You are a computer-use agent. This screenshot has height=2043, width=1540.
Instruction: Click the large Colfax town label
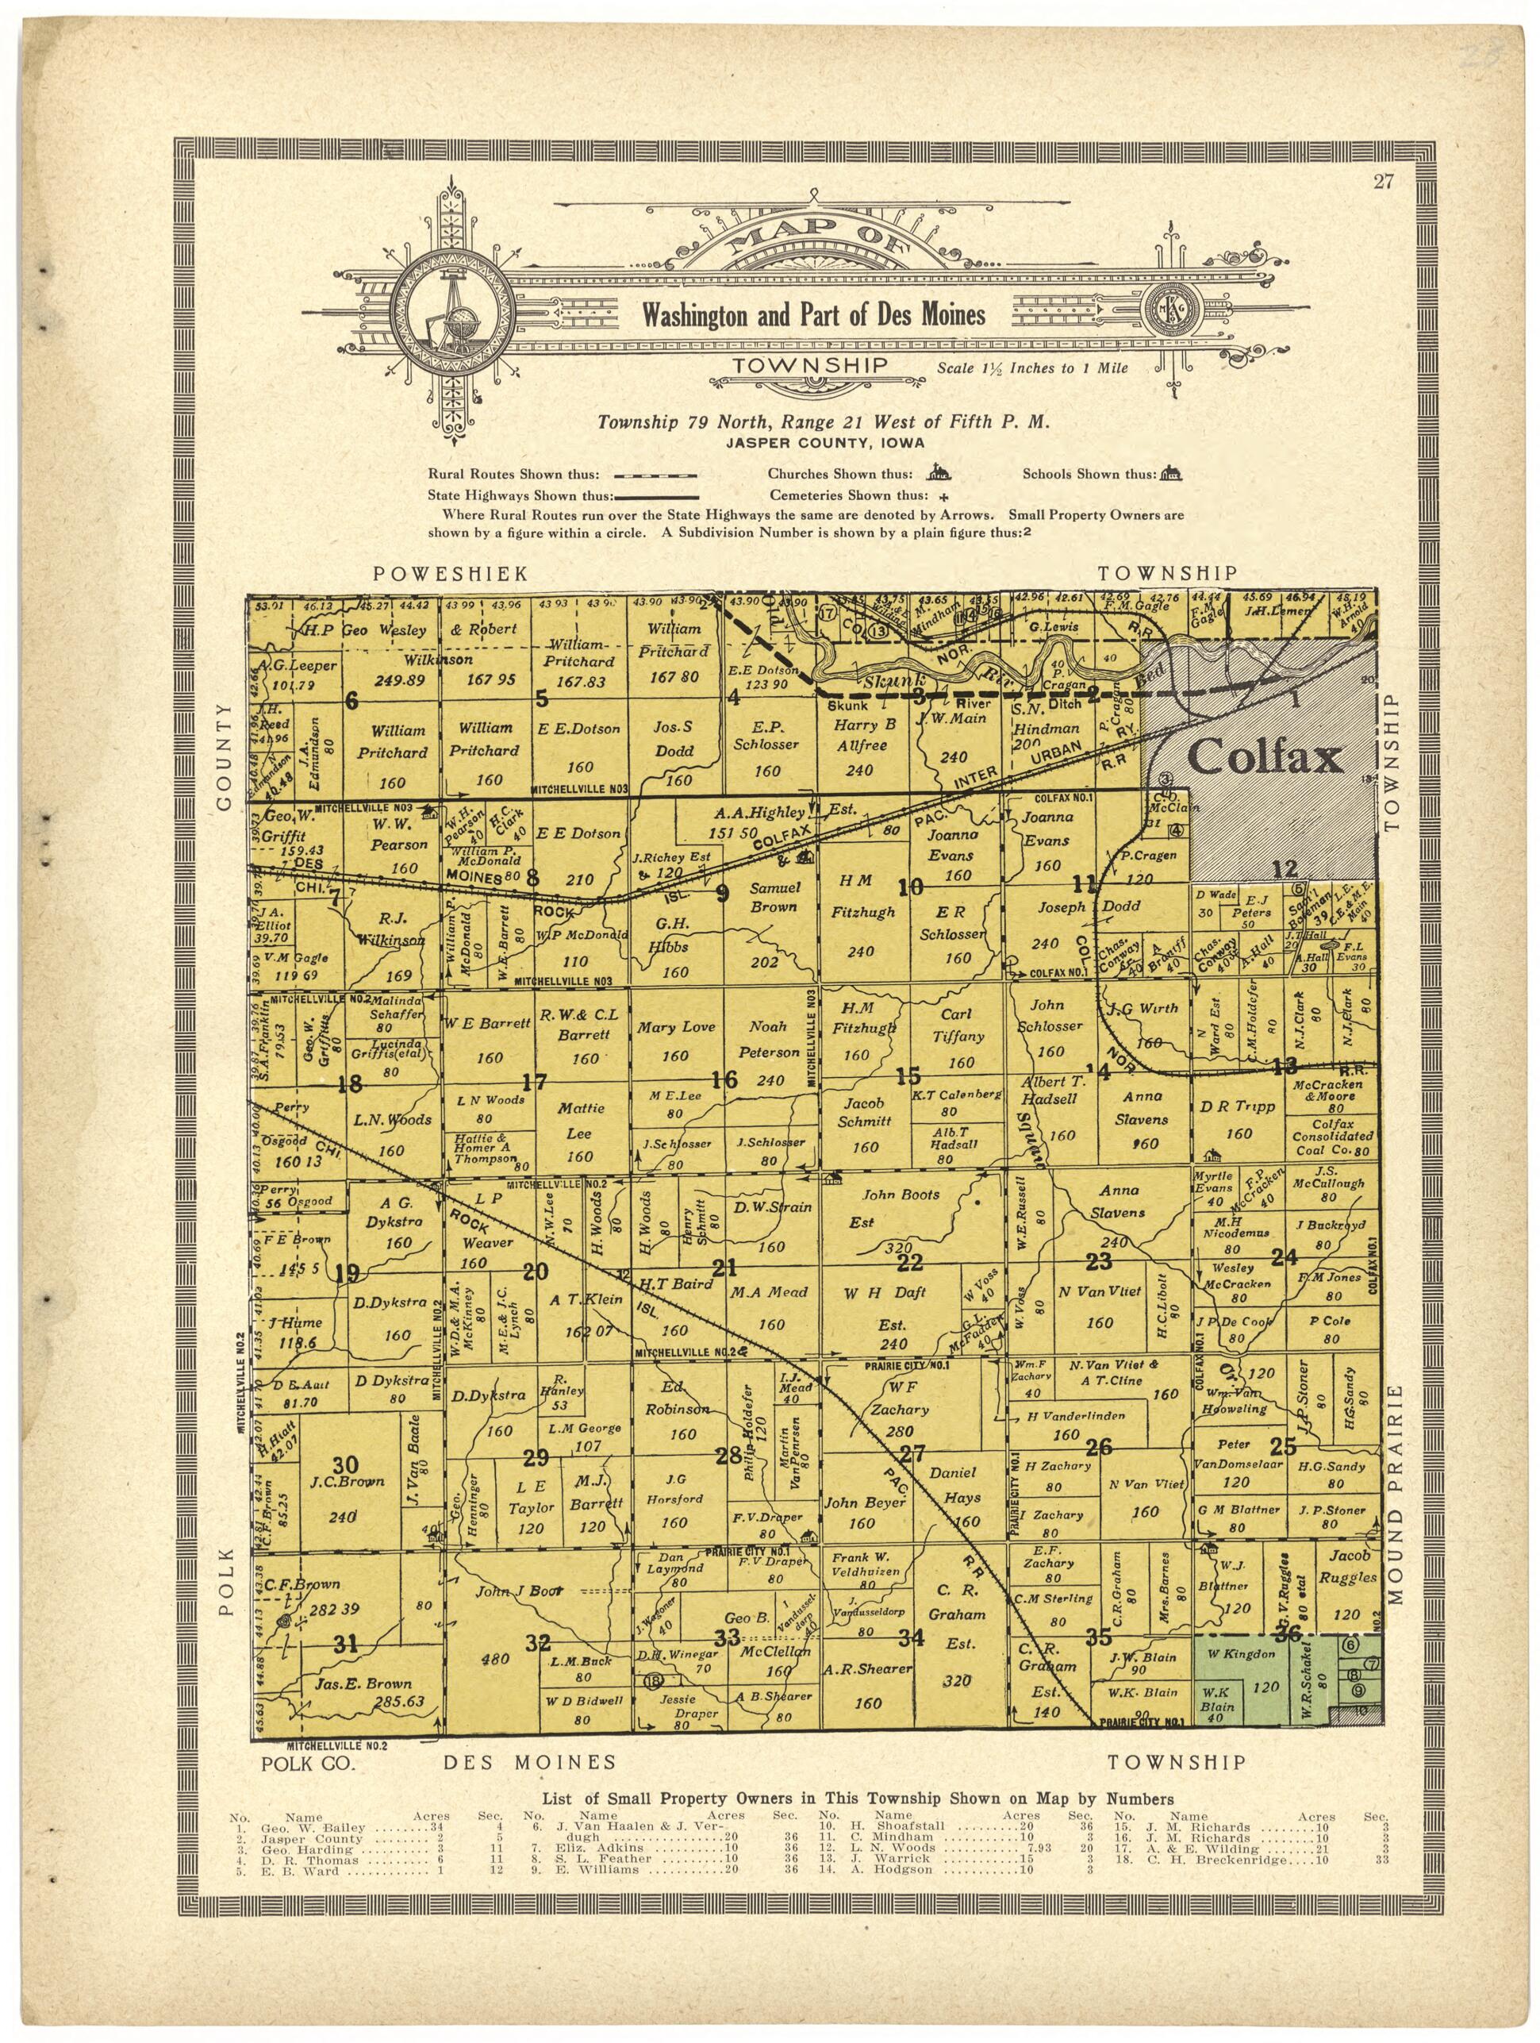[1264, 758]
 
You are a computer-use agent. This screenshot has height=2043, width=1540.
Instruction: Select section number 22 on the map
[910, 1263]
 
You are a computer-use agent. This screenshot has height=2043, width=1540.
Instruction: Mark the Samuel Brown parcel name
[774, 897]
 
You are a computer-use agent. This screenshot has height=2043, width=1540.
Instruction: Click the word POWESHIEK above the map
[451, 574]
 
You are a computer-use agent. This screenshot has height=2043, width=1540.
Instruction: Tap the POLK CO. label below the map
[308, 1763]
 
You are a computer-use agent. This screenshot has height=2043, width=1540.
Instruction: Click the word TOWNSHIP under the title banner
[811, 367]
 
